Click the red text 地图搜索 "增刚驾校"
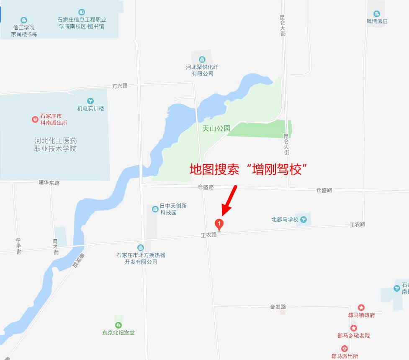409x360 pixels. click(249, 169)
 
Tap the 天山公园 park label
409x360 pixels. click(216, 129)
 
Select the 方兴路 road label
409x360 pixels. click(120, 85)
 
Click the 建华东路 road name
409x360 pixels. click(49, 183)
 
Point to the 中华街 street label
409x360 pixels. click(19, 246)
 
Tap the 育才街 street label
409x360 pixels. click(55, 246)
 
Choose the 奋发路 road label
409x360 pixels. click(278, 307)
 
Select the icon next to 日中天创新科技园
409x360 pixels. click(155, 209)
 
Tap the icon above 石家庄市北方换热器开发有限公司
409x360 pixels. click(141, 248)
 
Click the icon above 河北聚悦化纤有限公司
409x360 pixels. click(202, 59)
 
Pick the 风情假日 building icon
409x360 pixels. click(377, 14)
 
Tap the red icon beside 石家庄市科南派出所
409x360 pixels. click(35, 119)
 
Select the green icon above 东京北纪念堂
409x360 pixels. click(118, 325)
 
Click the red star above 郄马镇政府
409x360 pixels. click(362, 308)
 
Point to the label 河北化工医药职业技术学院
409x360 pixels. click(56, 145)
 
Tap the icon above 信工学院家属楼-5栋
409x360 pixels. click(24, 20)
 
